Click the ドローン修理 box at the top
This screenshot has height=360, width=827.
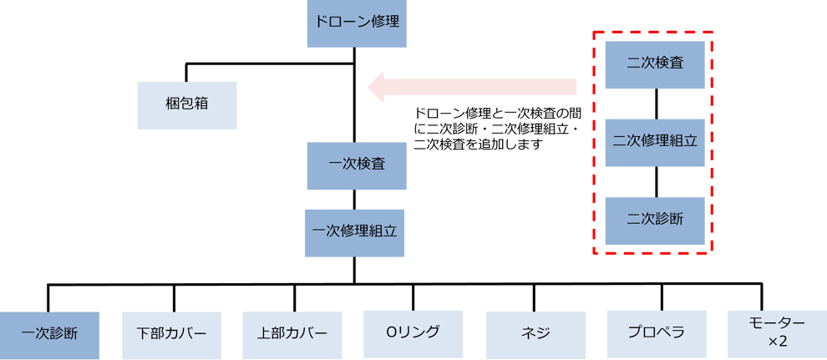(357, 22)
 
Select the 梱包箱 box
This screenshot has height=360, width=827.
(187, 104)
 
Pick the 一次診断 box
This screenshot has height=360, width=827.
(49, 334)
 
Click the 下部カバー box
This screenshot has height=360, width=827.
(172, 334)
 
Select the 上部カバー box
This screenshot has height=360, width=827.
(292, 334)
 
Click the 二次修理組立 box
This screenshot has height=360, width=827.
(656, 140)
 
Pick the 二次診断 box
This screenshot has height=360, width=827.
(656, 220)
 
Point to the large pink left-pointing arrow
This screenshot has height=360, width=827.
(472, 86)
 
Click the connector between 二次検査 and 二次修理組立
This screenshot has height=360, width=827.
(656, 101)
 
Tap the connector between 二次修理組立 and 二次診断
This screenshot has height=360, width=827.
(656, 180)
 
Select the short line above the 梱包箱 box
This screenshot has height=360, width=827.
(187, 72)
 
